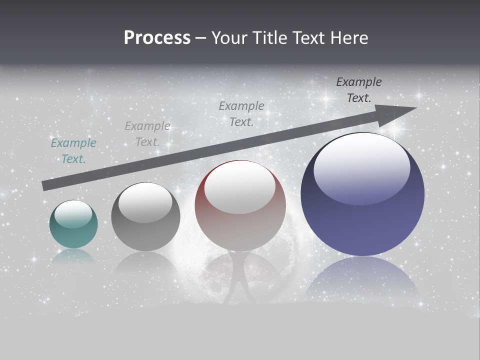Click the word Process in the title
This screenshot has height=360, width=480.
pos(157,38)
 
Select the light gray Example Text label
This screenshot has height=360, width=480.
pos(147,134)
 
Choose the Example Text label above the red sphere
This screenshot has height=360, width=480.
pos(241,113)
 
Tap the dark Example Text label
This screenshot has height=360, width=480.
pos(359,90)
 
